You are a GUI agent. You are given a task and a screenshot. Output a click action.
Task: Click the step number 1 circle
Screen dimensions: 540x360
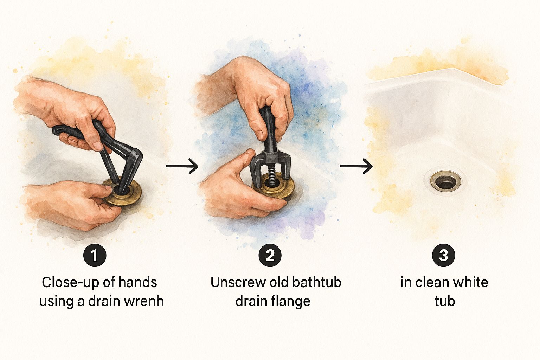tap(95, 255)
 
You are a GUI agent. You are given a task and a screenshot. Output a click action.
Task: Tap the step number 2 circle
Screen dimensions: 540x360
tap(270, 255)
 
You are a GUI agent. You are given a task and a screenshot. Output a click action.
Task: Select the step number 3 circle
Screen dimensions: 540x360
tap(444, 255)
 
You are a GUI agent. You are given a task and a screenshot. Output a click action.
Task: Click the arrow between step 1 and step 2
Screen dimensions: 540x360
tap(182, 166)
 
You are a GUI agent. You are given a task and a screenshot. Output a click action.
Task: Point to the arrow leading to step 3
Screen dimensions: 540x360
tap(356, 166)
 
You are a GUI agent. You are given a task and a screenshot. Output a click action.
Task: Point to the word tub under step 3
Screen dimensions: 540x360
tap(445, 301)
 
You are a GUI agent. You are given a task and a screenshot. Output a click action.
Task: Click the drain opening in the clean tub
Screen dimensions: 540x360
tap(446, 181)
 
